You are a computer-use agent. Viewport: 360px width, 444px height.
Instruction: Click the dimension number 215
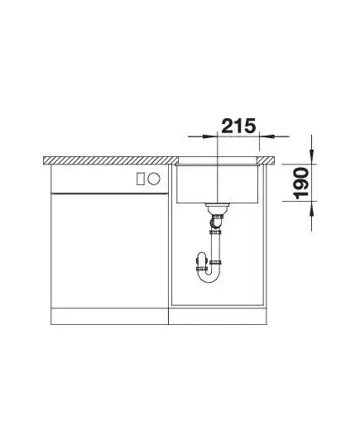(238, 126)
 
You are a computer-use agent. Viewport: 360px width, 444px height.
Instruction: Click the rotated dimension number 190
(301, 184)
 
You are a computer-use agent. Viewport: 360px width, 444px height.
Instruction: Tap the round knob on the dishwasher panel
(154, 179)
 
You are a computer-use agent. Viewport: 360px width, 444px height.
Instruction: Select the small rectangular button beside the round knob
(140, 179)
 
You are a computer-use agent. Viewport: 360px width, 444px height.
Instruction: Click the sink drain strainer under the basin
(217, 208)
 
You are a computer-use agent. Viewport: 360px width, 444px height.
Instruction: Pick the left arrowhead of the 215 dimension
(209, 136)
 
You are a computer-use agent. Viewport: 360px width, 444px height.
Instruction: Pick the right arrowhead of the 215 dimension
(266, 136)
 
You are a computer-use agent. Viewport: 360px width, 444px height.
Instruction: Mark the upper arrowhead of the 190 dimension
(312, 156)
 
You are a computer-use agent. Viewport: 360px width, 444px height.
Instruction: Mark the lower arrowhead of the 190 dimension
(312, 208)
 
